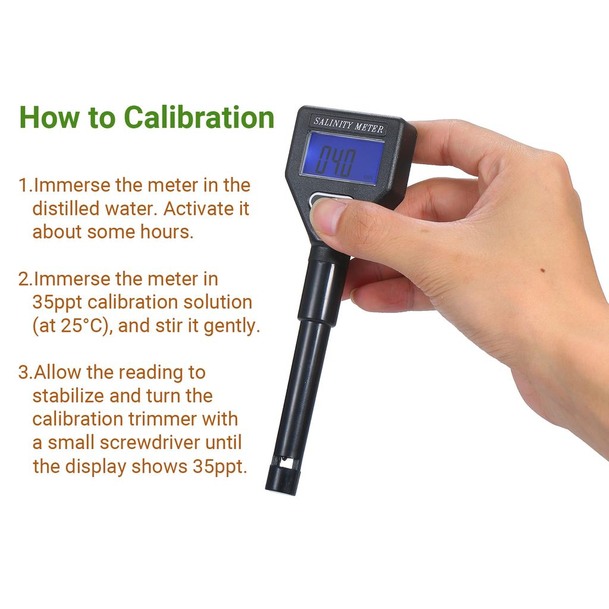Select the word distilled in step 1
pyautogui.click(x=62, y=209)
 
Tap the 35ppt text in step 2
pyautogui.click(x=57, y=302)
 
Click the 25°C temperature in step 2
pyautogui.click(x=86, y=326)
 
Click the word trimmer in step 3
pyautogui.click(x=162, y=419)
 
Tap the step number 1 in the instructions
pyautogui.click(x=23, y=186)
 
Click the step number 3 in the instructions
pyautogui.click(x=23, y=373)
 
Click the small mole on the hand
pyautogui.click(x=542, y=271)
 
